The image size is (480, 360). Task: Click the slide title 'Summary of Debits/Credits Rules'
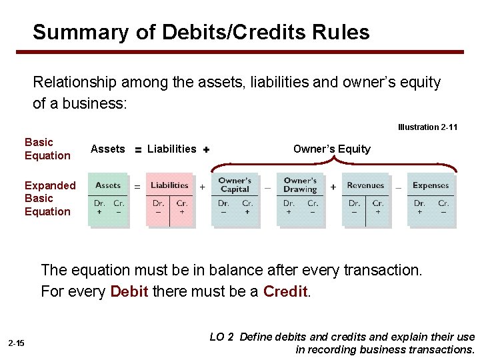point(201,32)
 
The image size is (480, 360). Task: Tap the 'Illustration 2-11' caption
point(427,127)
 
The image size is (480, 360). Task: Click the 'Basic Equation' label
point(47,149)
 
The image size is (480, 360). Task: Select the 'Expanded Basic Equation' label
point(49,198)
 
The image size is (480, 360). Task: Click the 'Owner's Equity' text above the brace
point(331,149)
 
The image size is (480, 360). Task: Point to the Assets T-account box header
point(108,185)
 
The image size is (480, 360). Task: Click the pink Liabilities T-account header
point(169,185)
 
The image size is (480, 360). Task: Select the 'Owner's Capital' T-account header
point(235,185)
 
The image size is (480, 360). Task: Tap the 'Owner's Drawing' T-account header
point(300,185)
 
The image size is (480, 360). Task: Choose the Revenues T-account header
point(365,185)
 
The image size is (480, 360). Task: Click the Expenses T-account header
point(431,185)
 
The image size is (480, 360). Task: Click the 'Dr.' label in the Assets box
point(99,203)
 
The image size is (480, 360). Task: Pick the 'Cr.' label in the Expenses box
point(443,203)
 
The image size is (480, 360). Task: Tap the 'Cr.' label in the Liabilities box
point(181,203)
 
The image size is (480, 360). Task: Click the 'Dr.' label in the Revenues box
point(354,203)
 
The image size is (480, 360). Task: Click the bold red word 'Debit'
point(129,291)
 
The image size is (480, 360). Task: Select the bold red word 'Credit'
point(285,291)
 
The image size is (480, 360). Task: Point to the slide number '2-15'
point(16,343)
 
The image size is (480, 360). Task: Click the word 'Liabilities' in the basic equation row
point(171,149)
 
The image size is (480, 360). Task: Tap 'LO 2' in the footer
point(221,337)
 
